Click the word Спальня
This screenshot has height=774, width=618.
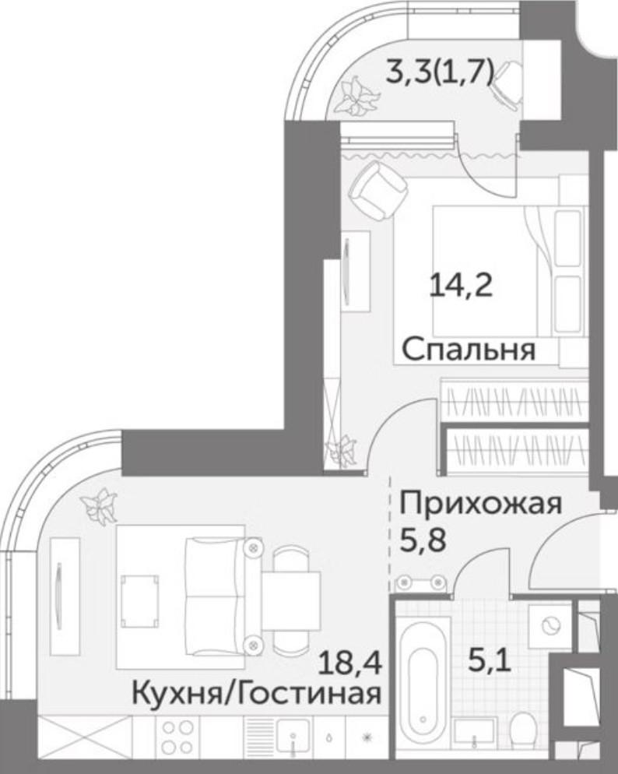click(x=469, y=350)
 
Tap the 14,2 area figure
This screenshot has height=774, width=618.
click(x=462, y=286)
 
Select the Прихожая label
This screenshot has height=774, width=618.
click(x=480, y=504)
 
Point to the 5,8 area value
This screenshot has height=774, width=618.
click(x=423, y=539)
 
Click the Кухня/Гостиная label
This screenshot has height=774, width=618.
click(x=257, y=691)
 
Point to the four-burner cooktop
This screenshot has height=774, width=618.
click(x=176, y=735)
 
